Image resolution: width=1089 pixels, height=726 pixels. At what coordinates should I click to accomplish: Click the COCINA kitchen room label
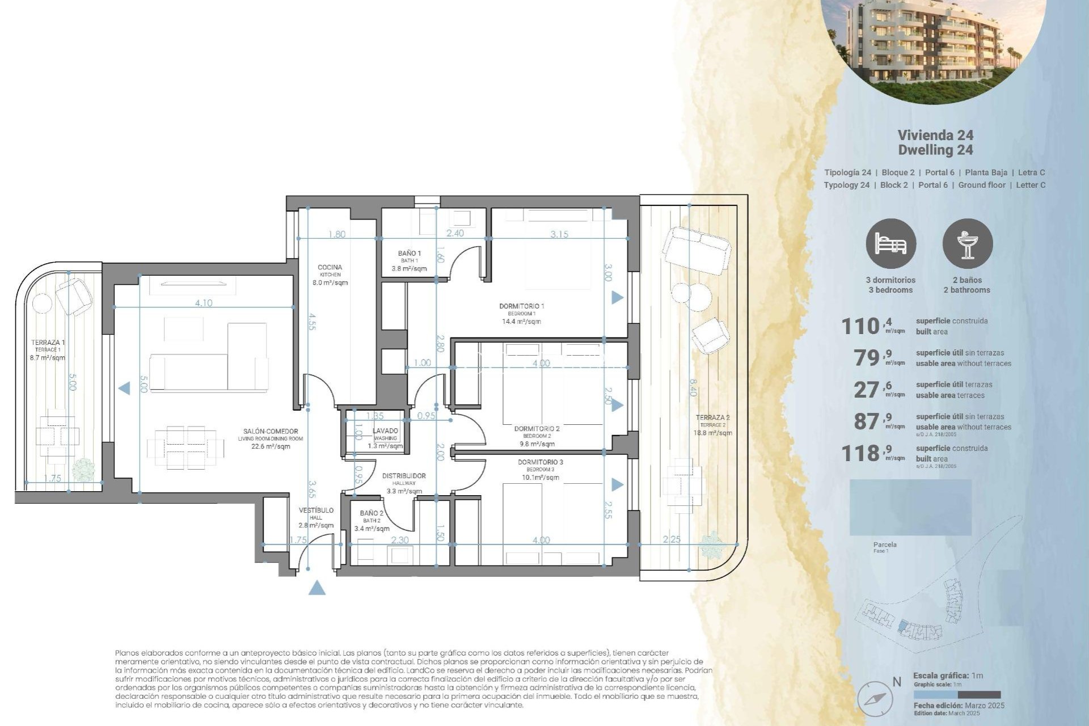(x=330, y=268)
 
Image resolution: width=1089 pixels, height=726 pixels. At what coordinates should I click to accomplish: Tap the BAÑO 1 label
(x=409, y=254)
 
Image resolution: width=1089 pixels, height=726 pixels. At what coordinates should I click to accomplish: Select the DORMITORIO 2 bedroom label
(x=537, y=429)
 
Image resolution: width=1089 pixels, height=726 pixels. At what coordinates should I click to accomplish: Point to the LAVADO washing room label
(x=385, y=431)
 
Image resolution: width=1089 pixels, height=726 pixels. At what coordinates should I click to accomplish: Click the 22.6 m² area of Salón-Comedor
(x=271, y=446)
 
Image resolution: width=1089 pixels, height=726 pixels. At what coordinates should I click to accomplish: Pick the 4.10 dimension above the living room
(x=204, y=303)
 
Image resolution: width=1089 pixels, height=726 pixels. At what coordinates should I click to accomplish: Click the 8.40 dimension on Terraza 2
(x=693, y=387)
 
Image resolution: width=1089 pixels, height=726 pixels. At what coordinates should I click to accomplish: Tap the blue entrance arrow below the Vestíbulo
(x=317, y=588)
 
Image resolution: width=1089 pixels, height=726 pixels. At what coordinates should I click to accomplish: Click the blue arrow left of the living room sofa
(x=123, y=389)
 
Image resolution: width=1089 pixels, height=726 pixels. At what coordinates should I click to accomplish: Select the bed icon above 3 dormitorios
(x=890, y=244)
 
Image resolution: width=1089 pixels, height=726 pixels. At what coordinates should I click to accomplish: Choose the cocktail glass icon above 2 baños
(x=967, y=244)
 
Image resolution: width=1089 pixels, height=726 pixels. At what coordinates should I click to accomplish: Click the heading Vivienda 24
(x=935, y=135)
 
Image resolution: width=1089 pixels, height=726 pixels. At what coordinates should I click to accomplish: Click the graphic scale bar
(x=956, y=695)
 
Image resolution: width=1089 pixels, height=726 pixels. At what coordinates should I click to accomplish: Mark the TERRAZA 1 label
(x=48, y=343)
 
